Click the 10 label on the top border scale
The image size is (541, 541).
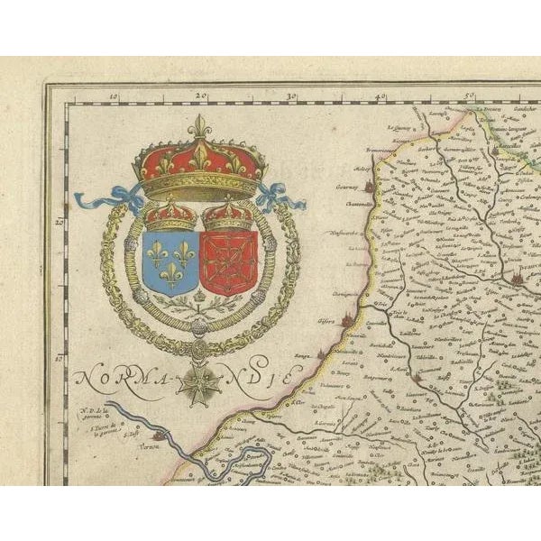pos(114,94)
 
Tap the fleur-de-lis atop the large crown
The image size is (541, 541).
pos(199,126)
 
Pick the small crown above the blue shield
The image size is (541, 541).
pos(171,215)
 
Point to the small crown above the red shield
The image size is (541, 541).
pos(227,215)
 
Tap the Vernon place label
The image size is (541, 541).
pos(136,445)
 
